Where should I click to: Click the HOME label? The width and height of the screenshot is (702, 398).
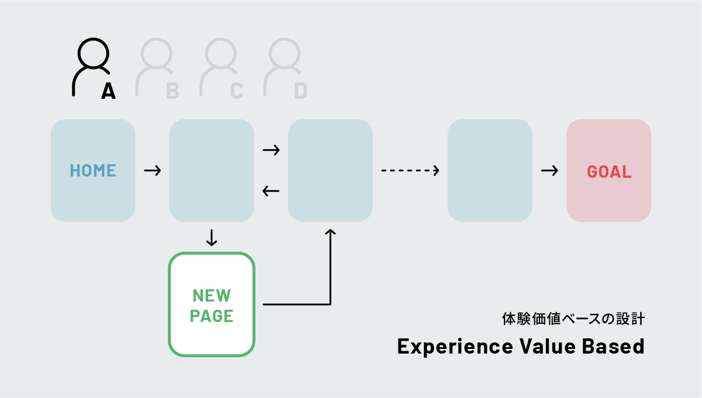pyautogui.click(x=93, y=171)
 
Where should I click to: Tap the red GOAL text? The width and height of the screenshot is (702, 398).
pyautogui.click(x=609, y=172)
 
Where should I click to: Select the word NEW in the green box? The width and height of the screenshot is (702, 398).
pyautogui.click(x=211, y=295)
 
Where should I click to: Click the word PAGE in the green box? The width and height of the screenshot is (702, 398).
pyautogui.click(x=212, y=316)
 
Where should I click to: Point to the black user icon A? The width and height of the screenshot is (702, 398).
pyautogui.click(x=91, y=65)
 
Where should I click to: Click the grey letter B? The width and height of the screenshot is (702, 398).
pyautogui.click(x=172, y=91)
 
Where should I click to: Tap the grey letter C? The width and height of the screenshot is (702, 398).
pyautogui.click(x=236, y=91)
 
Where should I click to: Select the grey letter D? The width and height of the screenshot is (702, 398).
pyautogui.click(x=300, y=91)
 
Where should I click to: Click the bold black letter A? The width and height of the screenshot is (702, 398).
pyautogui.click(x=108, y=91)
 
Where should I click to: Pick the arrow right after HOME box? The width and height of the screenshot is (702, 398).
pyautogui.click(x=152, y=171)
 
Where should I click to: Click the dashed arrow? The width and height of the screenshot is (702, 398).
pyautogui.click(x=410, y=171)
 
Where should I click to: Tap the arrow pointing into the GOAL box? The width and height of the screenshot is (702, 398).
pyautogui.click(x=549, y=171)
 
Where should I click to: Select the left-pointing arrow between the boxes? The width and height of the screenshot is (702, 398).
pyautogui.click(x=271, y=191)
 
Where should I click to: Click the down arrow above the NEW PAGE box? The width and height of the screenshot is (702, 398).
pyautogui.click(x=212, y=237)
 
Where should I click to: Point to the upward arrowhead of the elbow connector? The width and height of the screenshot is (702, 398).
pyautogui.click(x=330, y=233)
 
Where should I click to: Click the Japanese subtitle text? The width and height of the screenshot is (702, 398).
pyautogui.click(x=573, y=319)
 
